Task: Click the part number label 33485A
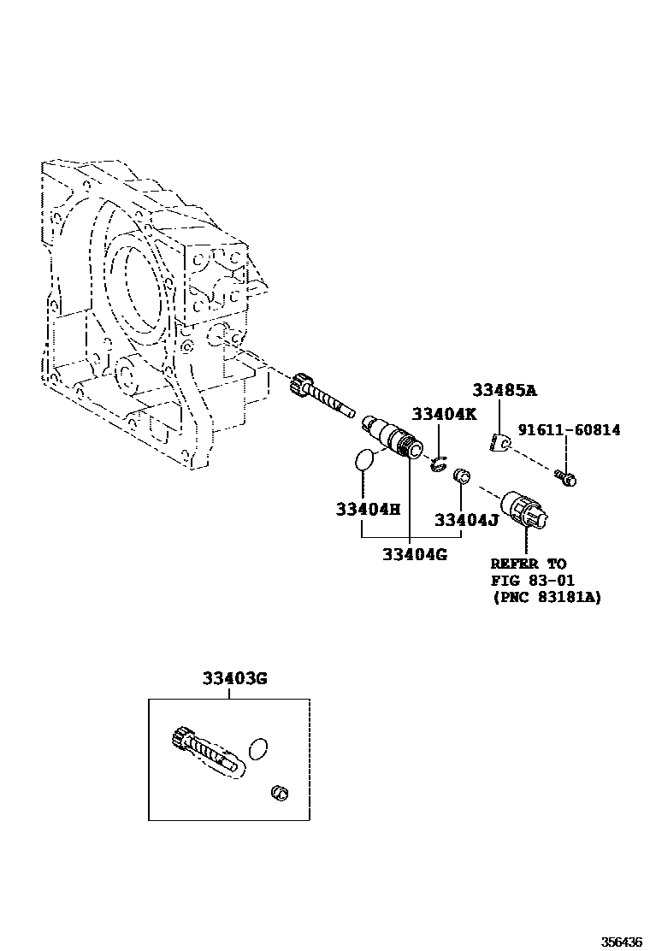point(505,392)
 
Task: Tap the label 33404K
point(444,414)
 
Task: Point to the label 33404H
point(368,509)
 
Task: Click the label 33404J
point(466,519)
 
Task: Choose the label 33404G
point(415,554)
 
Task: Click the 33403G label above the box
point(235,679)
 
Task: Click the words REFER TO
point(528,564)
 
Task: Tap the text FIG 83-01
point(531,582)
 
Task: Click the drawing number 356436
point(622,942)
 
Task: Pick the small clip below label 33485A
point(501,442)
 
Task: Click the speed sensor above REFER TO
point(529,511)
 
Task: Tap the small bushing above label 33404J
point(462,475)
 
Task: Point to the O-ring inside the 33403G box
point(257,749)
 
